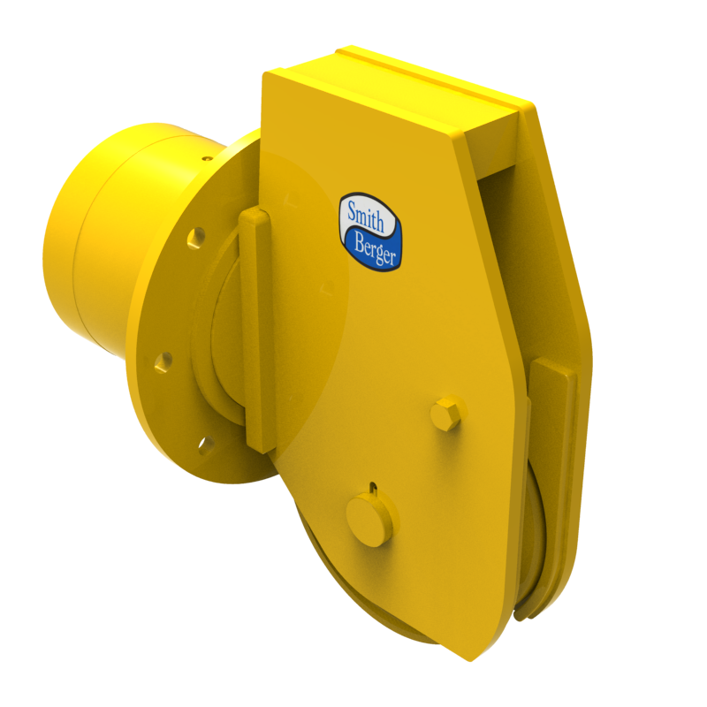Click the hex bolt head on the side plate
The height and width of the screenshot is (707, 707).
pos(446,413)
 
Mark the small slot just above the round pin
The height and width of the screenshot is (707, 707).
pos(374,487)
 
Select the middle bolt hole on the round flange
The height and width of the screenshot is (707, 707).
pos(163,361)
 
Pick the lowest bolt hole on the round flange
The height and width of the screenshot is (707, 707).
pos(206,445)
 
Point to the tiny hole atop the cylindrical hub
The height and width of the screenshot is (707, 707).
pos(206,159)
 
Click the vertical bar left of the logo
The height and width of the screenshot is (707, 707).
pos(255,327)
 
